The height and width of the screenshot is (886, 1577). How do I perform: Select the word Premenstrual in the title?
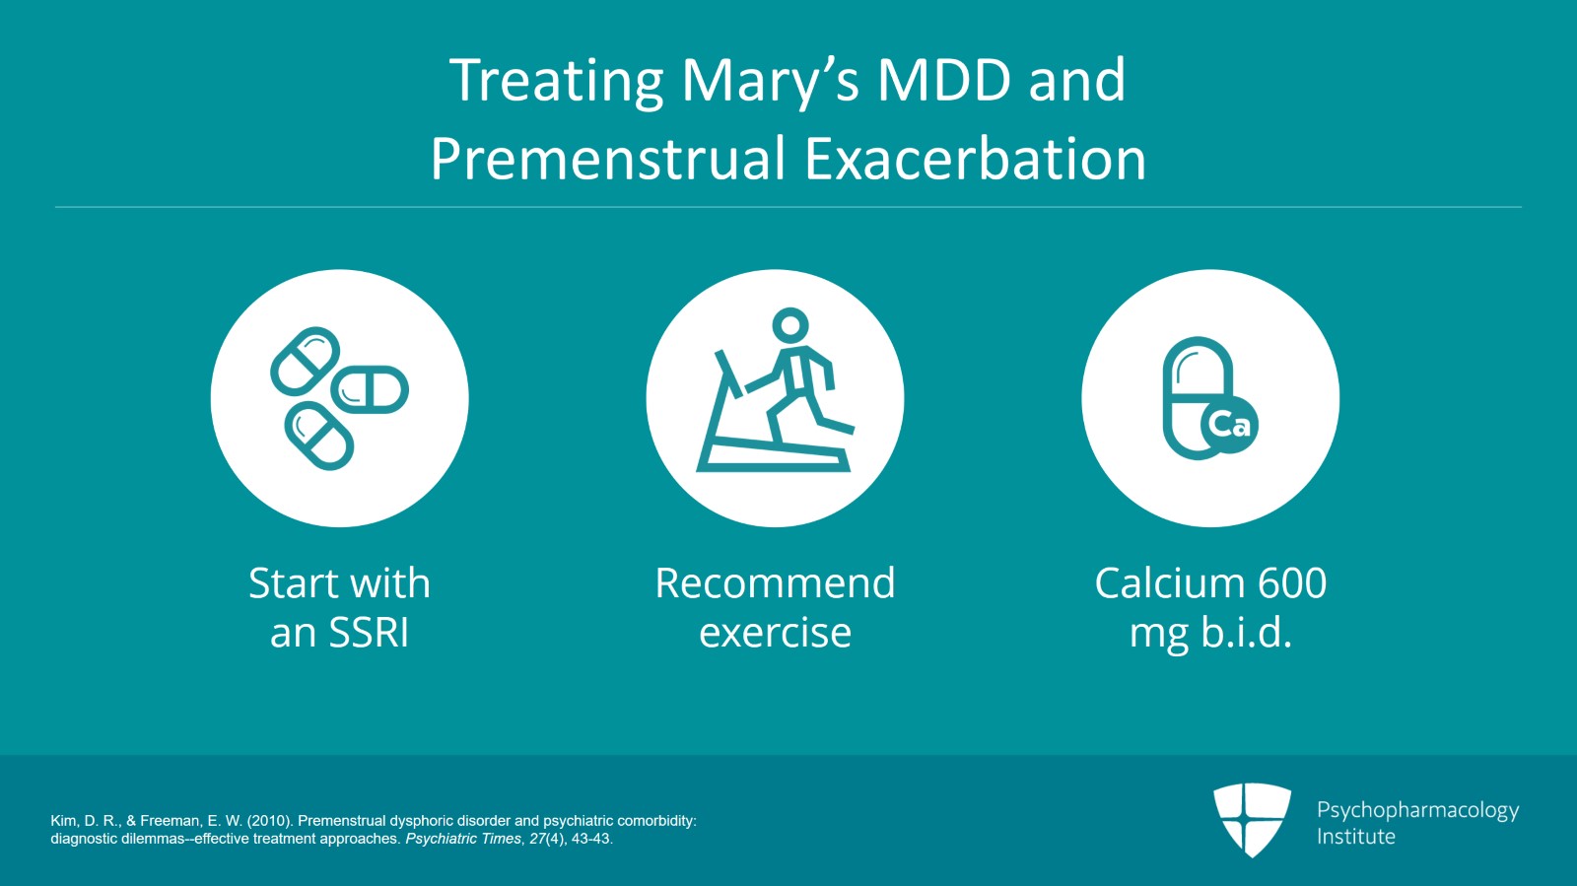tap(608, 160)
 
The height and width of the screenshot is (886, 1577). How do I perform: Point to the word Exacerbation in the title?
tap(976, 160)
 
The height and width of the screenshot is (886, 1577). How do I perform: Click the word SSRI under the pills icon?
tap(368, 633)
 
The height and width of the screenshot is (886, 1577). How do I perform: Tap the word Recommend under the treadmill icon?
tap(775, 583)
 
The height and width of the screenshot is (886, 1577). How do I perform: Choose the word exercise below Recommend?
tap(775, 633)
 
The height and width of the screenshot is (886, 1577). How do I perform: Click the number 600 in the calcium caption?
tap(1292, 583)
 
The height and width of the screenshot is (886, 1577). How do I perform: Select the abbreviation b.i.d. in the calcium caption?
tap(1246, 633)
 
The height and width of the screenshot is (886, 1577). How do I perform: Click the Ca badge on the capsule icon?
tap(1229, 425)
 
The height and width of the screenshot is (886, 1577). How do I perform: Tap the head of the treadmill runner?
tap(789, 324)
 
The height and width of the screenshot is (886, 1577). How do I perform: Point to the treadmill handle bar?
tap(728, 374)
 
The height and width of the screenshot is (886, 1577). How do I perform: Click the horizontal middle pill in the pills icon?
tap(370, 389)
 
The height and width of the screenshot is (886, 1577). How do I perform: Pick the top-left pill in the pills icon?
tap(306, 361)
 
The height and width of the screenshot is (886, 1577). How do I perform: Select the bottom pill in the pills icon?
tap(318, 436)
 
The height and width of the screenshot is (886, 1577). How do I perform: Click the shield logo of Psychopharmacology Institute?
tap(1252, 818)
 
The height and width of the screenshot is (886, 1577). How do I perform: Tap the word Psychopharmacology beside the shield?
tap(1417, 810)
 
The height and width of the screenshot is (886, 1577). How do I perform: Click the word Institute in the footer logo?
tap(1355, 837)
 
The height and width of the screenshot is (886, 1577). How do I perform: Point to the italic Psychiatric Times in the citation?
tap(462, 839)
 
